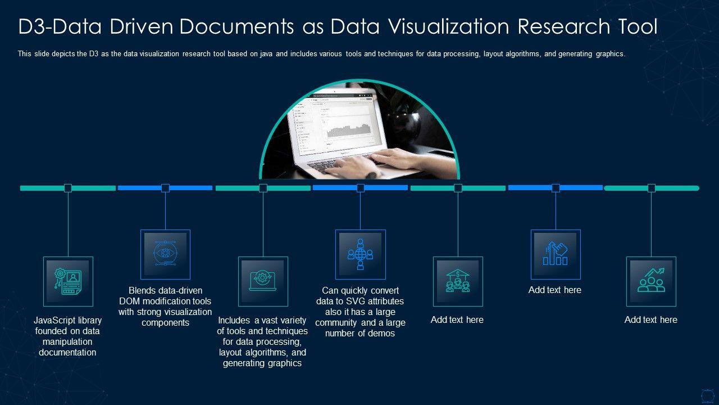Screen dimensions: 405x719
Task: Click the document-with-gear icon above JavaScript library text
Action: (68, 281)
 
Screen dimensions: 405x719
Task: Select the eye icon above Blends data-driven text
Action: (165, 254)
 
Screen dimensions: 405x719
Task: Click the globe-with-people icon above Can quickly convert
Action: (360, 254)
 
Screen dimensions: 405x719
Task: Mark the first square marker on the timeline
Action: (68, 188)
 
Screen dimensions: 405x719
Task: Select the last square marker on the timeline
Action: (652, 188)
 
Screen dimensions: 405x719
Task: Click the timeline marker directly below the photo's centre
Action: (361, 188)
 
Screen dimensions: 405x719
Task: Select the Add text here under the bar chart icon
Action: (555, 290)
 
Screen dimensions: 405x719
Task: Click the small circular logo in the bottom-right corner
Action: (707, 394)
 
